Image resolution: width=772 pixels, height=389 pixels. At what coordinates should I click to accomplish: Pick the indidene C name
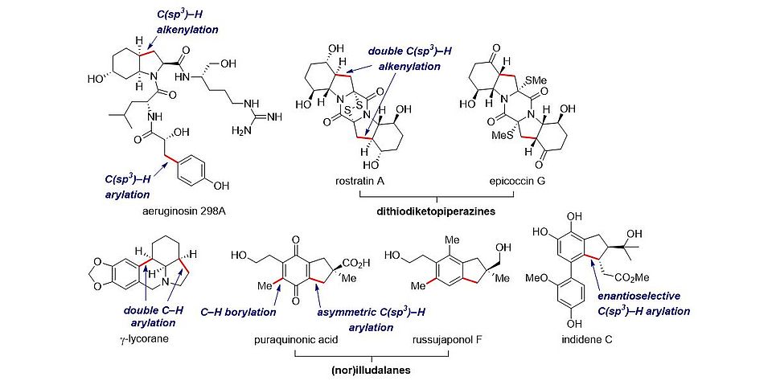point(585,339)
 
